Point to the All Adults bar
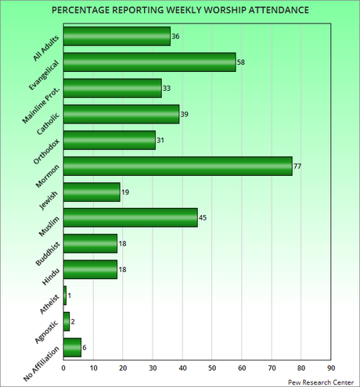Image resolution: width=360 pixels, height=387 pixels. pyautogui.click(x=117, y=36)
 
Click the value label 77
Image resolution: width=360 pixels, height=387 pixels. pyautogui.click(x=298, y=166)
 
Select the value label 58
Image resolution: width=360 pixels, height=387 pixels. pyautogui.click(x=241, y=62)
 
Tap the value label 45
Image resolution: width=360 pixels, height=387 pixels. pyautogui.click(x=203, y=217)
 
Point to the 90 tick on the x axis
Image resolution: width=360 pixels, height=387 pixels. pyautogui.click(x=331, y=367)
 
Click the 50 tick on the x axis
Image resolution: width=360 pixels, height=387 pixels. pyautogui.click(x=212, y=367)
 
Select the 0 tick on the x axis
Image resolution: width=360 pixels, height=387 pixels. pyautogui.click(x=63, y=367)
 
